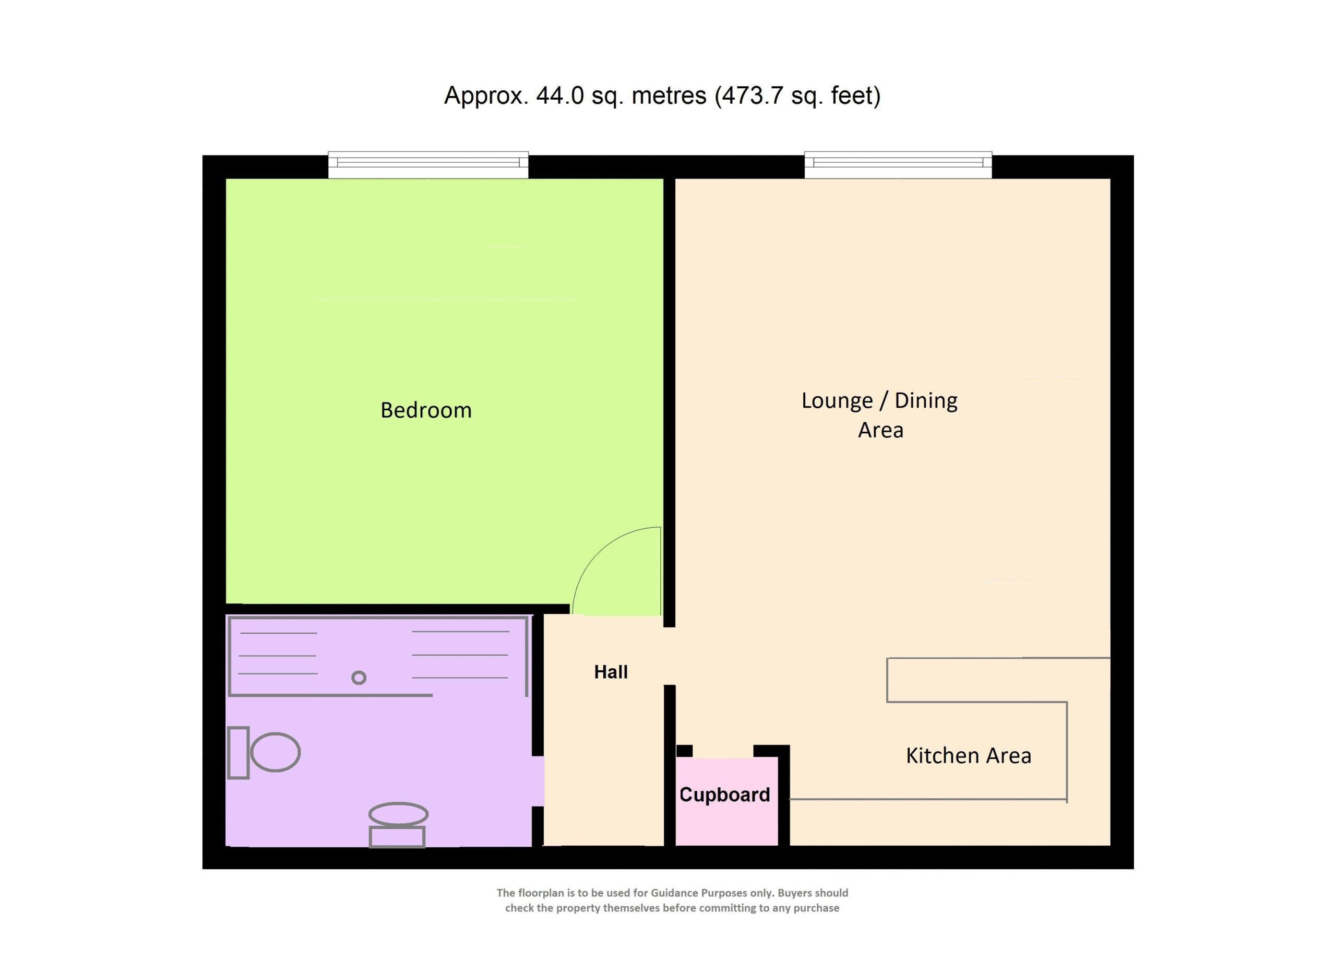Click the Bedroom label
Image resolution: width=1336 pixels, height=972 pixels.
[426, 410]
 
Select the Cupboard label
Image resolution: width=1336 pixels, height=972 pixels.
[724, 795]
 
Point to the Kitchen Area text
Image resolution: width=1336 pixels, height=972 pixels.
[969, 755]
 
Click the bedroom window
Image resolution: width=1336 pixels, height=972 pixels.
[428, 165]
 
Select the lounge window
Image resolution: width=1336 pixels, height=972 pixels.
[898, 165]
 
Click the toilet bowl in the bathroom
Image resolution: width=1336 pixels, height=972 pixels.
[276, 752]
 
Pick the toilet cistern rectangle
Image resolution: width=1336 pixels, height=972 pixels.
[238, 753]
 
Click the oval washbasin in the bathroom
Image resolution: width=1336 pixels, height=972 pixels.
[398, 814]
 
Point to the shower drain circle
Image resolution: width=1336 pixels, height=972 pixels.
[359, 678]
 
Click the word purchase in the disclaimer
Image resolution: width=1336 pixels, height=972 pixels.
[816, 908]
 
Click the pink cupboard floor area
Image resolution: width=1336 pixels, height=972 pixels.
[726, 801]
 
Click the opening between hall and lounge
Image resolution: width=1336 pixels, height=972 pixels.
[669, 656]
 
